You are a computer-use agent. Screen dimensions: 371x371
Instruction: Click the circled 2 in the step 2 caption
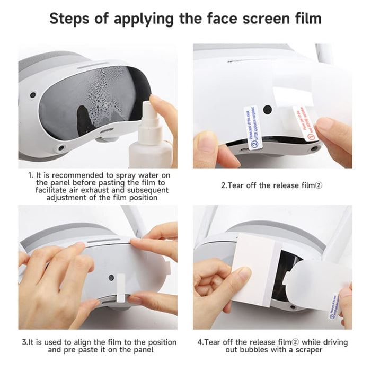tap(319, 185)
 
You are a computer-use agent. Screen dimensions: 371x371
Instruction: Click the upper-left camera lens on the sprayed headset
tap(33, 95)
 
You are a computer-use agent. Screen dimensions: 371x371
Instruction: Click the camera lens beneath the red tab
tap(315, 149)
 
